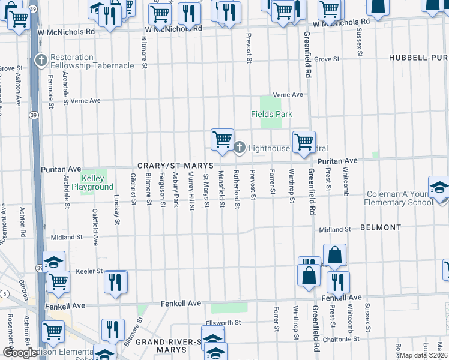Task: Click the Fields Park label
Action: click(271, 114)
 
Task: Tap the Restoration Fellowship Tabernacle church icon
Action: click(41, 61)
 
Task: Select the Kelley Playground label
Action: click(93, 182)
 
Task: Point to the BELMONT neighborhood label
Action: click(381, 228)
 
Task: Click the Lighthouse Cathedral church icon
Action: click(239, 148)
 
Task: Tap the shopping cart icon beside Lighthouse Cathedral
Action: click(222, 139)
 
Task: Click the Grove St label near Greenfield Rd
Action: click(327, 59)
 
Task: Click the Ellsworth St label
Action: click(223, 322)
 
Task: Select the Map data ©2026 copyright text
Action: click(423, 355)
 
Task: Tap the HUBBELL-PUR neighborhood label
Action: click(418, 57)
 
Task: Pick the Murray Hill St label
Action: click(191, 191)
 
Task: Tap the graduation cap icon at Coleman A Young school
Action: click(439, 187)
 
